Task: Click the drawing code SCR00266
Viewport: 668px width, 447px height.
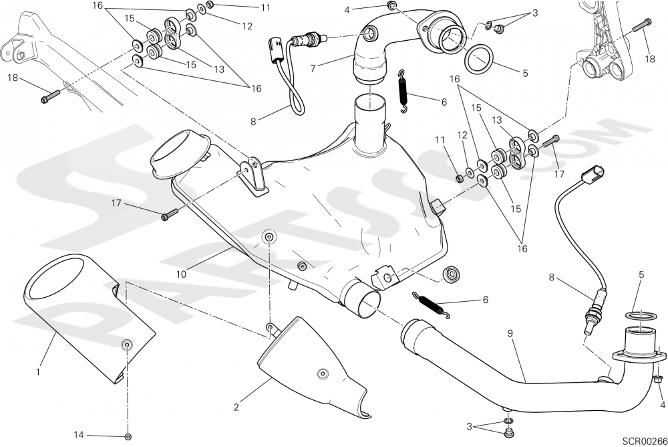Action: click(x=644, y=440)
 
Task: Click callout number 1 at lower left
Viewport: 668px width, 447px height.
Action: click(x=39, y=371)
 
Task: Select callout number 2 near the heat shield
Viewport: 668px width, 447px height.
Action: click(x=236, y=406)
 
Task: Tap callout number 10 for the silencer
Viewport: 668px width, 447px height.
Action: click(x=182, y=273)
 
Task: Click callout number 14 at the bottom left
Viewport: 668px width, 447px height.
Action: click(x=79, y=434)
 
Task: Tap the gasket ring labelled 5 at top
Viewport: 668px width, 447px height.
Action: click(x=479, y=59)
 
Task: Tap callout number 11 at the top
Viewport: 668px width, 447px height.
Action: click(x=247, y=8)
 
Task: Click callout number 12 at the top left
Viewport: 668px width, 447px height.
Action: click(x=247, y=27)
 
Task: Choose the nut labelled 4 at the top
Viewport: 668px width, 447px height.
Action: click(x=392, y=7)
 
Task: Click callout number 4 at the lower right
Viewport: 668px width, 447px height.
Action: click(x=663, y=405)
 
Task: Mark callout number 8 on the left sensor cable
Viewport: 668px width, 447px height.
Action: click(x=253, y=122)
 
